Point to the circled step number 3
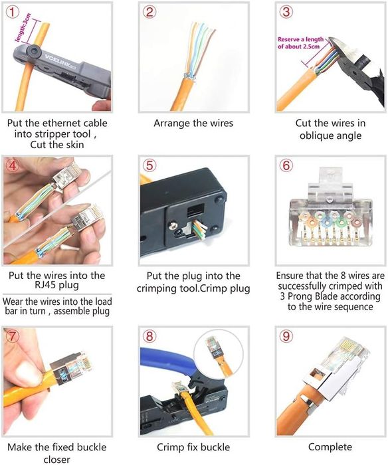(287, 11)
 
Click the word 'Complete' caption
(330, 447)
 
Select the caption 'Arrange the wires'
(193, 124)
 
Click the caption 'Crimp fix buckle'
(193, 447)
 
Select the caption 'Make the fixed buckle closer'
(56, 453)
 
